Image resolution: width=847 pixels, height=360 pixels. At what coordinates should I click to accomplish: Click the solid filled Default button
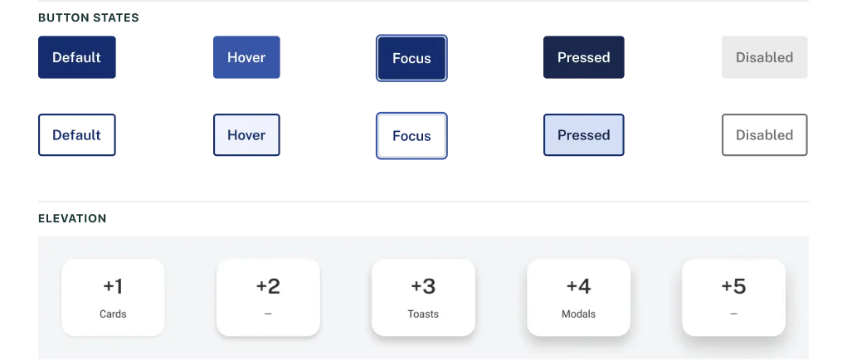point(76,57)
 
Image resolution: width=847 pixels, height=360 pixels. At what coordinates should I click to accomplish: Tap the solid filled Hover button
point(246,57)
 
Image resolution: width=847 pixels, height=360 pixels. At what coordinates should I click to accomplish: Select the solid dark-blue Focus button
point(411,58)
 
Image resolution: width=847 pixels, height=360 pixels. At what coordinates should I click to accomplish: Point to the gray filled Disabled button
point(764,57)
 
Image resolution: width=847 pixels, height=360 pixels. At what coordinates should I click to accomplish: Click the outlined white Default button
point(76,135)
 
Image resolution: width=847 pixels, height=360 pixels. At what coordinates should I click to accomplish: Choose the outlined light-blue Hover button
point(246,135)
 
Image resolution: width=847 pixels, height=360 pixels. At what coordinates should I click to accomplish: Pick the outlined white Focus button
point(411,136)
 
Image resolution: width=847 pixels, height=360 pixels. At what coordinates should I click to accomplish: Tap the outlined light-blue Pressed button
point(583,135)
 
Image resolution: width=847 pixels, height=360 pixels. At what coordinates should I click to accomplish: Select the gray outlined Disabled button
point(764,135)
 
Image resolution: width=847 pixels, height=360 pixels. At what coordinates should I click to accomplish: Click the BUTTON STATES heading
point(89,17)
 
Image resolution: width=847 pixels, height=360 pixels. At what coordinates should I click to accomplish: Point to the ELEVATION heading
point(72,219)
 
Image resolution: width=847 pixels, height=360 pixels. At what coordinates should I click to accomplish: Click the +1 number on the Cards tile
point(113,286)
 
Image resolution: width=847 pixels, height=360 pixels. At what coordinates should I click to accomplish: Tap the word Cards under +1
point(113,314)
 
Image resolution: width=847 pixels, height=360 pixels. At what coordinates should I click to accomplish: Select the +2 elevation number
point(268,286)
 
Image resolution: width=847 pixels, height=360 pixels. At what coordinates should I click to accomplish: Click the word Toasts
point(423,314)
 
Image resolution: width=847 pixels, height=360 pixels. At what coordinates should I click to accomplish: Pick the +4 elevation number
point(578,286)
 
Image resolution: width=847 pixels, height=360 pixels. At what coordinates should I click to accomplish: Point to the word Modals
point(578,314)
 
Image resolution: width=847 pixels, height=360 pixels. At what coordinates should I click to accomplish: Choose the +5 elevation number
point(733,286)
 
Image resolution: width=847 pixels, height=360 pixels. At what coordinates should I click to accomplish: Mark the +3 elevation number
point(423,286)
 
